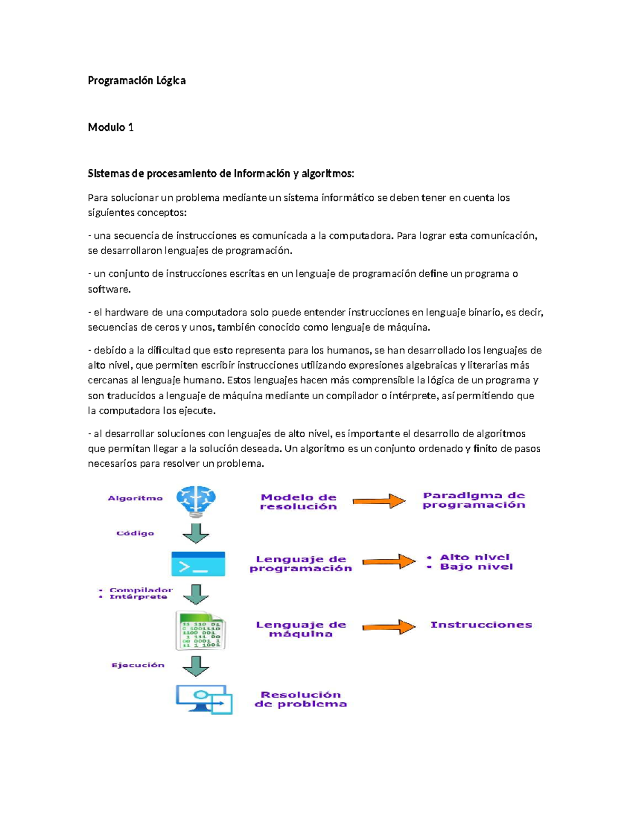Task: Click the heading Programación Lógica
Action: [x=137, y=81]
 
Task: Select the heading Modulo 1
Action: [x=111, y=127]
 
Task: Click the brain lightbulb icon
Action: [x=196, y=501]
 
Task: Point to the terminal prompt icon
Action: [x=198, y=564]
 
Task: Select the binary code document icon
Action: [x=200, y=630]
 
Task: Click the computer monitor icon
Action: [x=204, y=699]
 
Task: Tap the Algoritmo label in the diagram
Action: [x=136, y=498]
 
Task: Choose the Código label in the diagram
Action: [x=136, y=533]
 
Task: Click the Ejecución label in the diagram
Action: [x=138, y=665]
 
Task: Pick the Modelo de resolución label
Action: [x=299, y=502]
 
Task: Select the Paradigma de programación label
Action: [x=474, y=500]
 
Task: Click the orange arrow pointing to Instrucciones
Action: [x=389, y=627]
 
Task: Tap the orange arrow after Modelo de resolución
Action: [x=379, y=501]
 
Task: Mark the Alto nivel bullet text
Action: [x=474, y=557]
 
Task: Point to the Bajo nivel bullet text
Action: [x=476, y=567]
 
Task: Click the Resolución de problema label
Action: [x=301, y=699]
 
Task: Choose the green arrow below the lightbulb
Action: [x=196, y=533]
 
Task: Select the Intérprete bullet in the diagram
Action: [x=138, y=597]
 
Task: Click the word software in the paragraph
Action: [x=108, y=289]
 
